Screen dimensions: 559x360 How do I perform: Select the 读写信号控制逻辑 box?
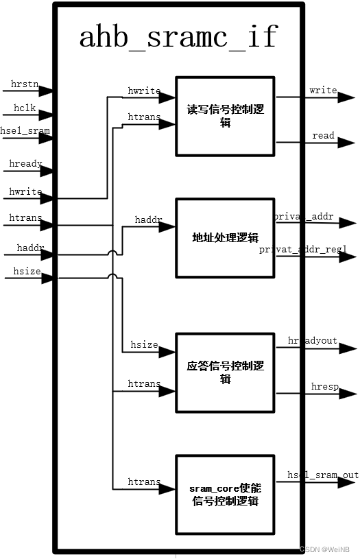click(x=226, y=116)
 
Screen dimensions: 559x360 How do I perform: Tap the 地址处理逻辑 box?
click(x=226, y=238)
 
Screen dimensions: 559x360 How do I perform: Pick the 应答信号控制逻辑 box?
click(x=226, y=372)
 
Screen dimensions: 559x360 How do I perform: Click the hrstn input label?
click(x=25, y=84)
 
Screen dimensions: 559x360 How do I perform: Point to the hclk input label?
click(x=25, y=108)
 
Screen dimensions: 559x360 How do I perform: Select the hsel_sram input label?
click(x=25, y=130)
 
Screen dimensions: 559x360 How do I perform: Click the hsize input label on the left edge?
click(x=27, y=272)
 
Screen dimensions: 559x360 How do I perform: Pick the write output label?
click(x=323, y=91)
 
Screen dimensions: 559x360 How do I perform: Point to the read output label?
click(x=323, y=136)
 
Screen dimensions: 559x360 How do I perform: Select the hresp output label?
click(x=325, y=387)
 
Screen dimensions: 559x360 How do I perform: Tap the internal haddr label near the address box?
click(x=149, y=220)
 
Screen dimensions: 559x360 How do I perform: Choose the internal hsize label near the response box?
click(x=145, y=345)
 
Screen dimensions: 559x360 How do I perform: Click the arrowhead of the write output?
click(x=349, y=98)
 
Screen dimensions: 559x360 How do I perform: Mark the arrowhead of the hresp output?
click(x=350, y=394)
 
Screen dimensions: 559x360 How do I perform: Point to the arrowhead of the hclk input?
click(x=48, y=115)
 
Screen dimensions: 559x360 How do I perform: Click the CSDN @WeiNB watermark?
click(x=326, y=549)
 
